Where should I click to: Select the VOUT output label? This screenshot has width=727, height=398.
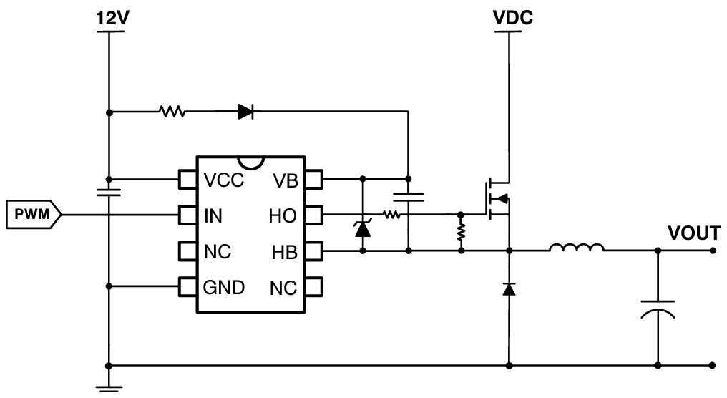tap(693, 233)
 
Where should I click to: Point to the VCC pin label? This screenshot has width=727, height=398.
tap(224, 180)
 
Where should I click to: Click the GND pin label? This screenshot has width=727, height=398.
tap(224, 287)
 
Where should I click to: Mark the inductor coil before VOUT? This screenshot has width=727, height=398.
tap(577, 248)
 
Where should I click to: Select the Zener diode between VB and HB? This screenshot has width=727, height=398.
tap(363, 228)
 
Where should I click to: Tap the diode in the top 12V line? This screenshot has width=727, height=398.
tap(245, 112)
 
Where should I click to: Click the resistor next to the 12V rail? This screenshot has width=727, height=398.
tap(172, 112)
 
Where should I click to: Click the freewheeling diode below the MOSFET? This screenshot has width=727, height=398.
tap(509, 288)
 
